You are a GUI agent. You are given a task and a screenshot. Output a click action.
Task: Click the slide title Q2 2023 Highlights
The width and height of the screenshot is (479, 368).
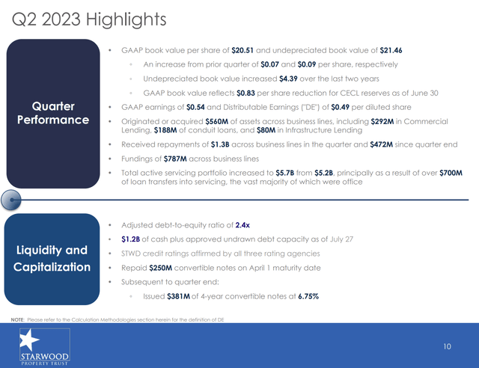point(89,20)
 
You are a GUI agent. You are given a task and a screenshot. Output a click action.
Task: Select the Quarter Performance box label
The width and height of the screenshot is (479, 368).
point(53,113)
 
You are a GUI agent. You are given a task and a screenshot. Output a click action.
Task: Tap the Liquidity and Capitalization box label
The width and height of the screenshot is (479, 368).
point(52,259)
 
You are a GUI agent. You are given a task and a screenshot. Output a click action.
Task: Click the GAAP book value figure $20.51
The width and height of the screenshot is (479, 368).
point(242,50)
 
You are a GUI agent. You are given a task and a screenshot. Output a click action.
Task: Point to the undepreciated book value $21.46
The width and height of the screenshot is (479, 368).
point(391,50)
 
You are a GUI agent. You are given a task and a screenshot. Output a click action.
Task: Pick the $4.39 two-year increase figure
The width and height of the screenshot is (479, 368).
point(288,79)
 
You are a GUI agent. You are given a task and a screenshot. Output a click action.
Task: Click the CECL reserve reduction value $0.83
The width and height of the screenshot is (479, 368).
point(245,93)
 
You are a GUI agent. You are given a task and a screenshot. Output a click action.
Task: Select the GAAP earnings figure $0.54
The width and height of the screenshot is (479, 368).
point(195,107)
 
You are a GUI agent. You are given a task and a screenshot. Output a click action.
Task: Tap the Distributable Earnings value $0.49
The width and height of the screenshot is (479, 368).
point(341,107)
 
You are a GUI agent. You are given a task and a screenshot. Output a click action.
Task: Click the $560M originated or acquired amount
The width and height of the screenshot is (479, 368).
point(217,122)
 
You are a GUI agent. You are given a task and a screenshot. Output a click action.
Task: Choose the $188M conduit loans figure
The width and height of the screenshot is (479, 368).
point(165,130)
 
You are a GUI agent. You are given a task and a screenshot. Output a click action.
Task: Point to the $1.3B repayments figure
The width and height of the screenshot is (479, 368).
point(220,144)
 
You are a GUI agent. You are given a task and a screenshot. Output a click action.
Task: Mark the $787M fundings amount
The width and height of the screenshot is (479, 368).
point(175,159)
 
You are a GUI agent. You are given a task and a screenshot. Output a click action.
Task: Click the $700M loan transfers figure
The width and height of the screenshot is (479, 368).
point(451,174)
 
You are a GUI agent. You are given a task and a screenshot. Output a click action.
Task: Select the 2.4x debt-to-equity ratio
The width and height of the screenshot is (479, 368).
point(242,225)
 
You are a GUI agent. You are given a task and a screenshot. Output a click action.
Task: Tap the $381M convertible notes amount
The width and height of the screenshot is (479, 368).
point(178,296)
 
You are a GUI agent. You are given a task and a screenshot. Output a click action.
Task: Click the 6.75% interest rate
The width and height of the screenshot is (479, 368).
point(308,296)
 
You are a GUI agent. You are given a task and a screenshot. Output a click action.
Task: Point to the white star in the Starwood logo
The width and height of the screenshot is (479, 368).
point(28,340)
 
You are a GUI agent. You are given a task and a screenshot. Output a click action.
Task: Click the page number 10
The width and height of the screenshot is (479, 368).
point(448,346)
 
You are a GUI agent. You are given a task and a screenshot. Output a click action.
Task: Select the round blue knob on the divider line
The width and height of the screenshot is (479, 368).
point(11,200)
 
